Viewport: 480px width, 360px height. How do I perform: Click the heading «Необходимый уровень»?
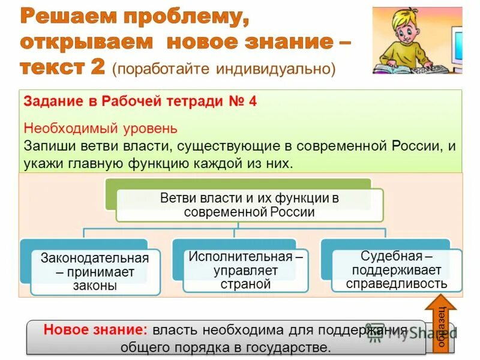100,128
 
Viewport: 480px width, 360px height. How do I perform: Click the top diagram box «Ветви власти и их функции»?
249,205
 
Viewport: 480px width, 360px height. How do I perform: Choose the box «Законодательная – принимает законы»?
95,272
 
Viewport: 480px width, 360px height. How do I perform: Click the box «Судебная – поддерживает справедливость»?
397,269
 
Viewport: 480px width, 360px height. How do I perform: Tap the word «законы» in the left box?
95,286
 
